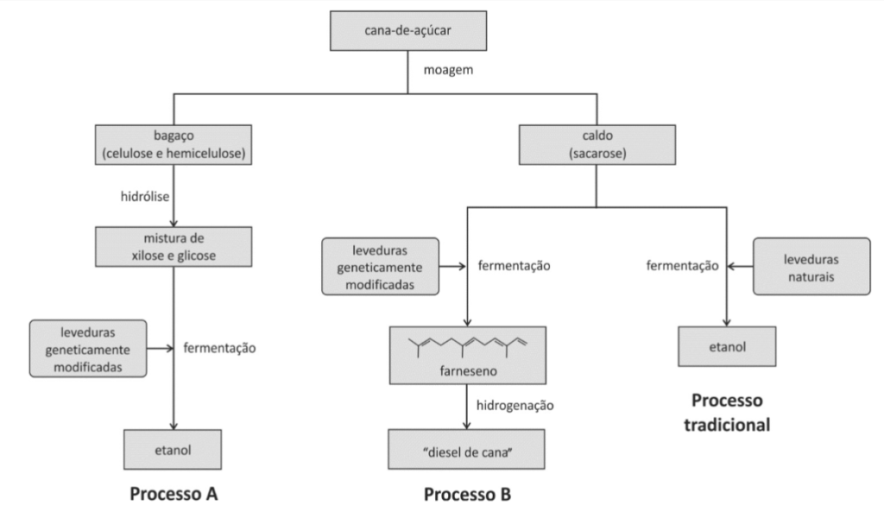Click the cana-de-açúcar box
pyautogui.click(x=407, y=32)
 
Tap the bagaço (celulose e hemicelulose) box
pyautogui.click(x=174, y=146)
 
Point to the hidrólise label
pyautogui.click(x=145, y=197)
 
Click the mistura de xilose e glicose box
pyautogui.click(x=174, y=246)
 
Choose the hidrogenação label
pyautogui.click(x=515, y=404)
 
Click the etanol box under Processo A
pyautogui.click(x=174, y=450)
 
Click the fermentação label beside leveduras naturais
pyautogui.click(x=682, y=266)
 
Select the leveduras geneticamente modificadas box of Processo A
pyautogui.click(x=89, y=349)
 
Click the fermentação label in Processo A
pyautogui.click(x=220, y=349)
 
